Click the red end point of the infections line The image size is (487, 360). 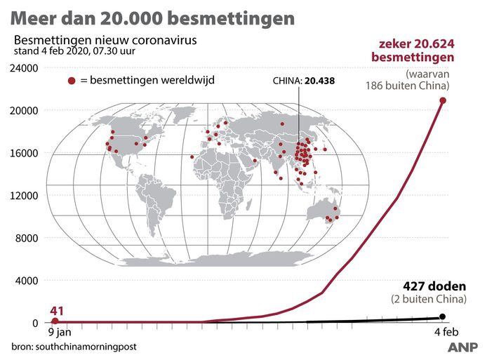[x=443, y=100]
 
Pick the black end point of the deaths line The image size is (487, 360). [x=442, y=316]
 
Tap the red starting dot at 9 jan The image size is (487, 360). [x=55, y=321]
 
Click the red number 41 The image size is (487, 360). [x=60, y=309]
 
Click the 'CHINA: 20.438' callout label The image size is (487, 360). [x=303, y=81]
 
